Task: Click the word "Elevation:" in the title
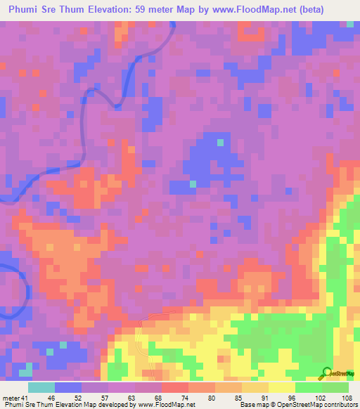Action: point(133,9)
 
